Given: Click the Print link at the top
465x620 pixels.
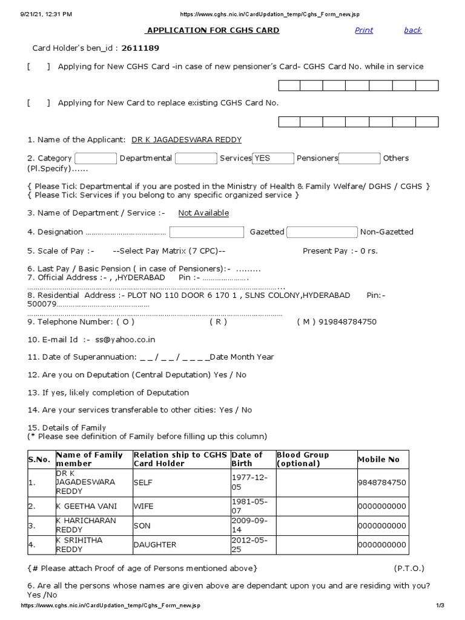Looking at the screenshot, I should tap(364, 30).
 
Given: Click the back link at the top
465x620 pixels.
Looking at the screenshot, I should tap(412, 30).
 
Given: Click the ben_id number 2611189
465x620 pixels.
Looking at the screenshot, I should tap(140, 48).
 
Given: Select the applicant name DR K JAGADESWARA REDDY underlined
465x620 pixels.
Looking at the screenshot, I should tap(186, 140).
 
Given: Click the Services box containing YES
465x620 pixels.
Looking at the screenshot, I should tap(272, 158).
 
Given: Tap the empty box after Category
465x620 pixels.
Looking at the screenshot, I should tap(96, 158).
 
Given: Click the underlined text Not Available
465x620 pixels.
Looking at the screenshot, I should tap(203, 213).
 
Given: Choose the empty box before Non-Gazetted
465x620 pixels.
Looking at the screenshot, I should tap(322, 232).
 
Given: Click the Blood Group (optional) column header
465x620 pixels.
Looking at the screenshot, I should tap(303, 459).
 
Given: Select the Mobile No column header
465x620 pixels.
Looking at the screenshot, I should tap(379, 460).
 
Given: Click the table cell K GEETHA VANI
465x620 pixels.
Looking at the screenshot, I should tap(87, 506).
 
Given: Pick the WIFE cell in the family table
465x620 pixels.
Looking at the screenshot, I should tap(144, 506).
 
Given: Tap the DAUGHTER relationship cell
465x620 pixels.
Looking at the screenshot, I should tap(155, 545).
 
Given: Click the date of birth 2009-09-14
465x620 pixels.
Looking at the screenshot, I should tap(249, 526).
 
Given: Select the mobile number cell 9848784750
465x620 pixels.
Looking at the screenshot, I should tap(382, 483).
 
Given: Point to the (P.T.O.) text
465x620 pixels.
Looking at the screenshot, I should tap(409, 569).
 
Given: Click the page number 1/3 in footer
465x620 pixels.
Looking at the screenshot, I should tap(440, 605).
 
